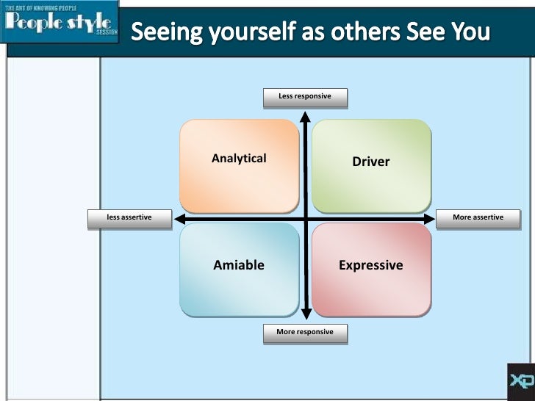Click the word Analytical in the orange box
(239, 158)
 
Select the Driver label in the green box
(371, 162)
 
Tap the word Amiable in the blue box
(239, 265)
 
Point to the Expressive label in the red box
(371, 265)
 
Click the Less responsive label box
(305, 96)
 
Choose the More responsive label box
(305, 332)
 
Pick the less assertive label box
(129, 217)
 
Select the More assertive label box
(478, 217)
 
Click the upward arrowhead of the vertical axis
(306, 115)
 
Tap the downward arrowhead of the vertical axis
(306, 313)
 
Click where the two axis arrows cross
(306, 219)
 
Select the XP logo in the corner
(520, 381)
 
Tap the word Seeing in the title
(163, 34)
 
